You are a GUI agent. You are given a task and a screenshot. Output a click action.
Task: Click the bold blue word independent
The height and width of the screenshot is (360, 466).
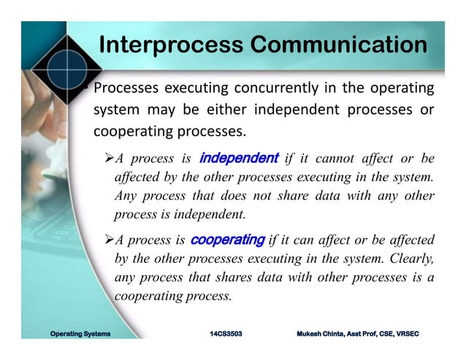[239, 158]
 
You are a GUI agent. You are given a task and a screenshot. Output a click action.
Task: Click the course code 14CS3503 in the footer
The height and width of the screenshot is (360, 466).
[226, 334]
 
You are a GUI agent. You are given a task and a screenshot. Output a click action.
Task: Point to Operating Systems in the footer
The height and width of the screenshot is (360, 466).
[80, 334]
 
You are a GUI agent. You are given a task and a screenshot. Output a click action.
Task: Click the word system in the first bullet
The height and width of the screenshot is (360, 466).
[115, 111]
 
